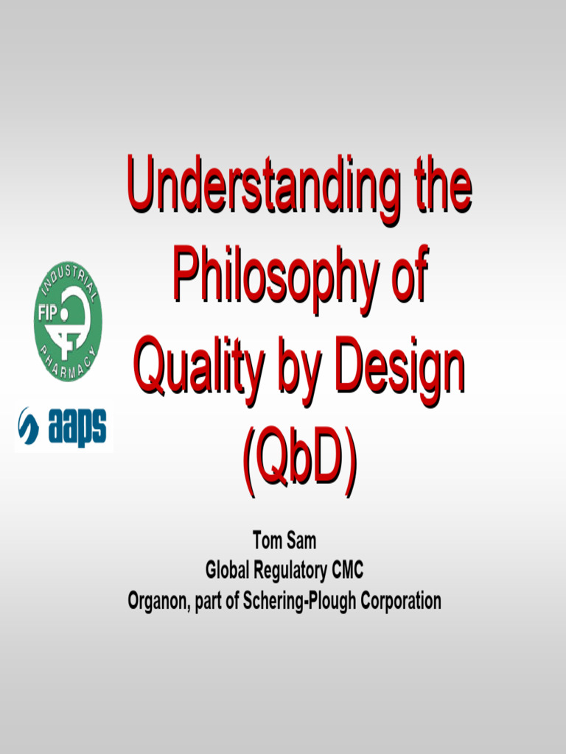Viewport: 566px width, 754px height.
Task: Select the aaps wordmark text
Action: pyautogui.click(x=77, y=427)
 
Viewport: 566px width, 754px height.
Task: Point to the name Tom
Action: pyautogui.click(x=268, y=541)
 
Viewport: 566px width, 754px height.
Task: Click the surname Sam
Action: pyautogui.click(x=303, y=541)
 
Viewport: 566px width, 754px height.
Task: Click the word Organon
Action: pyautogui.click(x=158, y=601)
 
